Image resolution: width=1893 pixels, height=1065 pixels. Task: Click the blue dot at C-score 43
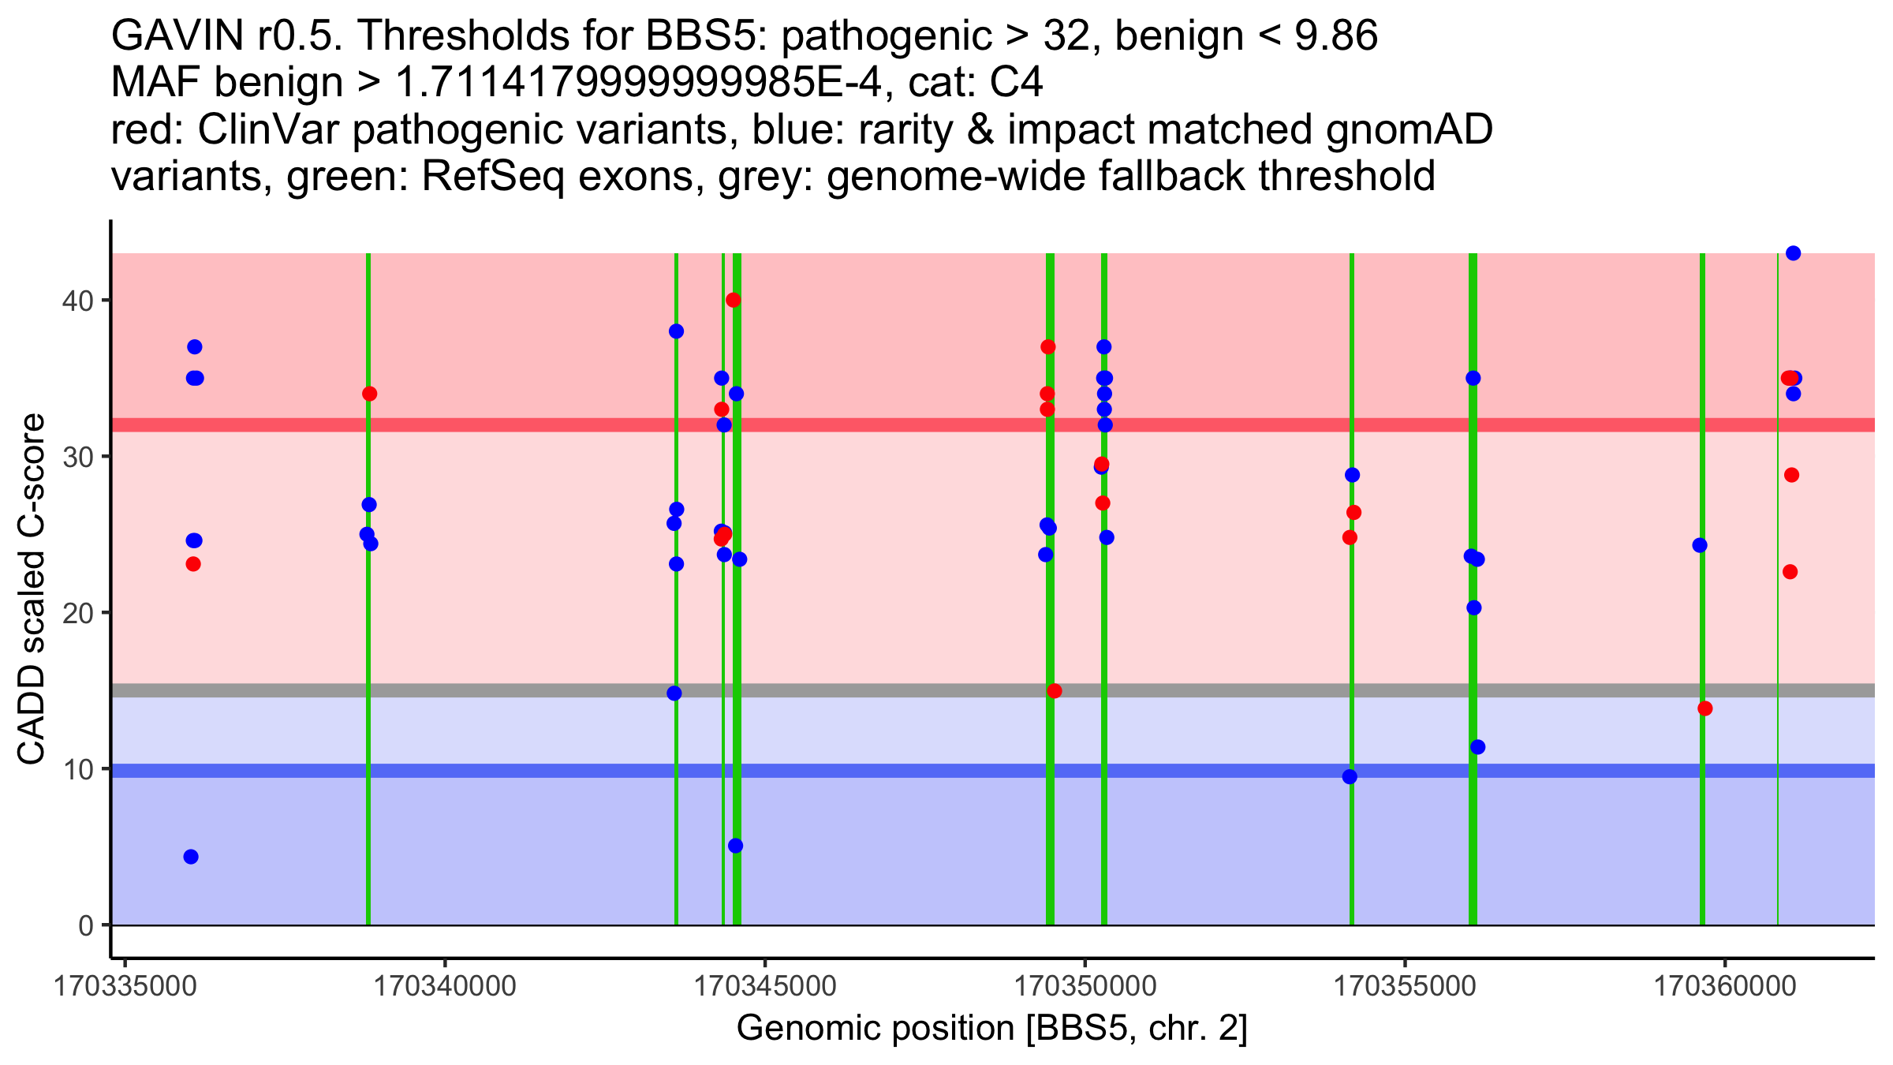pyautogui.click(x=1793, y=253)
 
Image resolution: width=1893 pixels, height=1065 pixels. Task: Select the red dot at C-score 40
pyautogui.click(x=734, y=300)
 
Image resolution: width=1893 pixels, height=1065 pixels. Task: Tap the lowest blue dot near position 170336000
pyautogui.click(x=191, y=857)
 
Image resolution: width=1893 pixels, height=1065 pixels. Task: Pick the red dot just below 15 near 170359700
pyautogui.click(x=1705, y=708)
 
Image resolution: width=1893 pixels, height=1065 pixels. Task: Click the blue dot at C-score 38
pyautogui.click(x=676, y=331)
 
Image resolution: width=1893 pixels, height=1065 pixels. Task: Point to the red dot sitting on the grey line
pyautogui.click(x=1055, y=691)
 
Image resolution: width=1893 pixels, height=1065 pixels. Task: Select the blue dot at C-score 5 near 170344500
pyautogui.click(x=735, y=846)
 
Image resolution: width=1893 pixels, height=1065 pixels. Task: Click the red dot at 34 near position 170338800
pyautogui.click(x=369, y=394)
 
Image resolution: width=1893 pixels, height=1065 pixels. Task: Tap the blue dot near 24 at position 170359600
pyautogui.click(x=1700, y=545)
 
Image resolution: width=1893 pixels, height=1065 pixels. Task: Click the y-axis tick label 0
pyautogui.click(x=85, y=925)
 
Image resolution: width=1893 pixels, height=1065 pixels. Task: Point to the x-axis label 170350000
pyautogui.click(x=1085, y=986)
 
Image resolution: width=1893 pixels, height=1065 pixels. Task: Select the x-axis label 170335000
pyautogui.click(x=125, y=986)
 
